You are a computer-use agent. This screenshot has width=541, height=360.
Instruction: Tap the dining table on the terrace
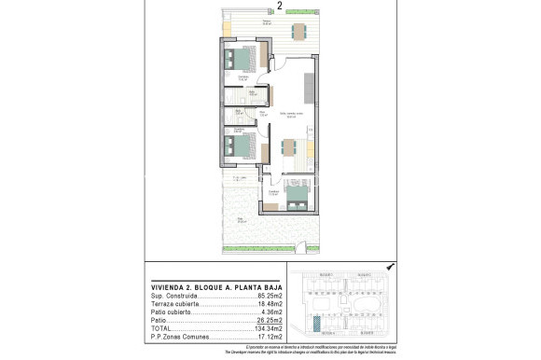tap(298, 31)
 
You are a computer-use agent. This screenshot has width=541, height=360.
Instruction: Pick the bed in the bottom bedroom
tap(298, 194)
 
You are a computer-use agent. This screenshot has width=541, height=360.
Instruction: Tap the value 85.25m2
tap(270, 295)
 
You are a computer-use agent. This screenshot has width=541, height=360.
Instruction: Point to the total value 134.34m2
tap(269, 327)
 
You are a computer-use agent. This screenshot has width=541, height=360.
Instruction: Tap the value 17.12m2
tap(270, 336)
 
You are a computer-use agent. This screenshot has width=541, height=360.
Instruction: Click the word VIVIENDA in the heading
tap(168, 285)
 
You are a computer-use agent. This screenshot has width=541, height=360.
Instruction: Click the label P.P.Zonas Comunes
tap(176, 336)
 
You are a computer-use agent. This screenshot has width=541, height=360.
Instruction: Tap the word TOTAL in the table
tap(160, 327)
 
